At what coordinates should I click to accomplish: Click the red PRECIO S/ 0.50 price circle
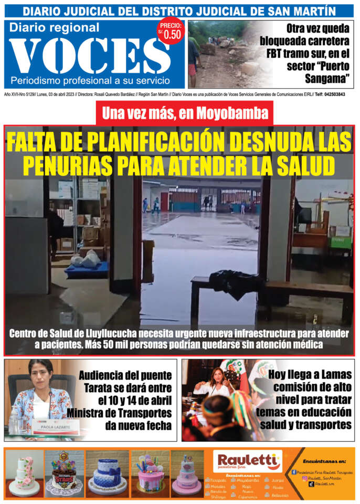[170, 31]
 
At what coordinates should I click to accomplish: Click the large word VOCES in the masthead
[87, 55]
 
